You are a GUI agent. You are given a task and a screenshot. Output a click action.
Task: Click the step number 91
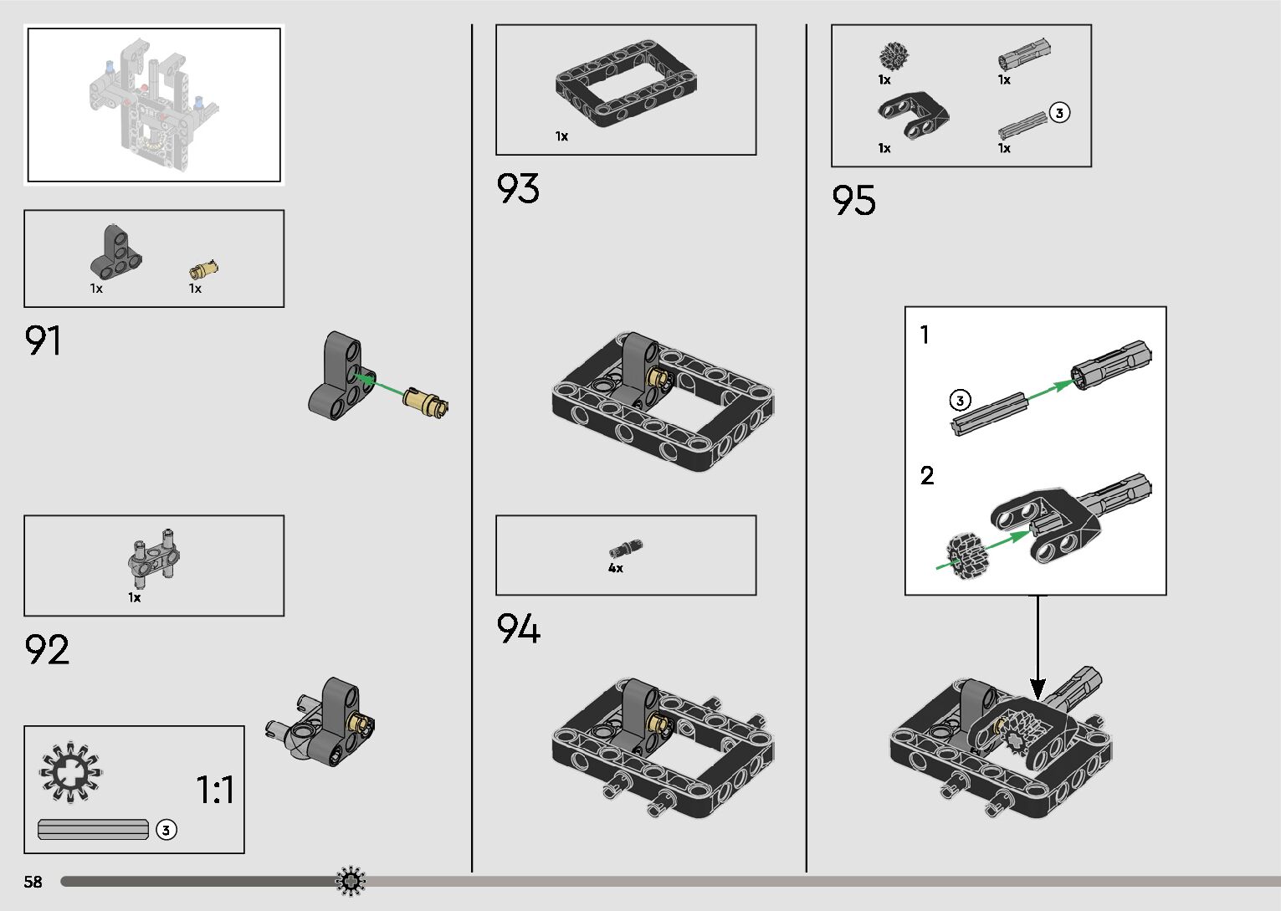(43, 340)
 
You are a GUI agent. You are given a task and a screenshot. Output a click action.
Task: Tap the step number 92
(47, 650)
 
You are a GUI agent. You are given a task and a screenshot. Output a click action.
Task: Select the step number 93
(518, 189)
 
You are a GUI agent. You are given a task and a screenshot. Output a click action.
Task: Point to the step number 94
(518, 628)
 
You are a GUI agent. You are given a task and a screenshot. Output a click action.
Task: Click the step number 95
(853, 201)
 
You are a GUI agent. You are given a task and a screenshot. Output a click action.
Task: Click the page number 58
(33, 882)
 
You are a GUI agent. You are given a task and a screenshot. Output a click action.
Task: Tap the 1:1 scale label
(215, 790)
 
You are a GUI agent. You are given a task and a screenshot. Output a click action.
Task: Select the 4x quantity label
(616, 569)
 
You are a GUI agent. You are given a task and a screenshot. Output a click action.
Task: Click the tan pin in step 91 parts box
(204, 269)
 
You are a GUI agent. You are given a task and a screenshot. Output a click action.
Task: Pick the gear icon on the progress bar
(351, 881)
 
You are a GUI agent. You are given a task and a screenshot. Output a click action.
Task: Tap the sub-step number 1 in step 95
(925, 335)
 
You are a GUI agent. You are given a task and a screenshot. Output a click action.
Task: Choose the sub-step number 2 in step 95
(926, 476)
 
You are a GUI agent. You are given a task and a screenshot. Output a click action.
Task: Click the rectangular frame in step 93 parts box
(626, 84)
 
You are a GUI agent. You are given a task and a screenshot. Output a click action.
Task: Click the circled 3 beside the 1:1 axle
(167, 830)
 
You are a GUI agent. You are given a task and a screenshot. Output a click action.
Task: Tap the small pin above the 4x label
(625, 549)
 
